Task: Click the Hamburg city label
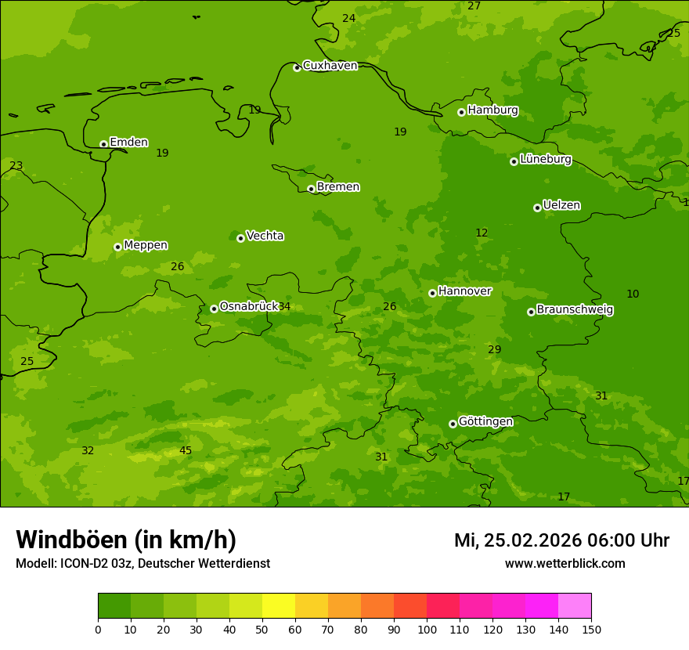point(492,110)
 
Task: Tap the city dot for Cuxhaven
point(297,67)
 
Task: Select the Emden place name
point(128,143)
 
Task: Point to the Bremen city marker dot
point(311,189)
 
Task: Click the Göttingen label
point(485,422)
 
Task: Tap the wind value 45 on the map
point(186,450)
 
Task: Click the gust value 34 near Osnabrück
point(284,306)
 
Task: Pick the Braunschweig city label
point(575,310)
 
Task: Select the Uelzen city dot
point(537,208)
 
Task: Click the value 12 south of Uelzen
point(482,233)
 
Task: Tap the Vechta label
point(265,236)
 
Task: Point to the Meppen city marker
point(117,247)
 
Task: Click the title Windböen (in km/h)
point(126,540)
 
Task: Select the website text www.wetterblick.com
point(565,564)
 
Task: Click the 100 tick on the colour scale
point(427,629)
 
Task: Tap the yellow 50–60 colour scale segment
point(279,606)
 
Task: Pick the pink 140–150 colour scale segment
point(575,606)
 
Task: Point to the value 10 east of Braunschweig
point(633,294)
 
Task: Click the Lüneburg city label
point(545,159)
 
